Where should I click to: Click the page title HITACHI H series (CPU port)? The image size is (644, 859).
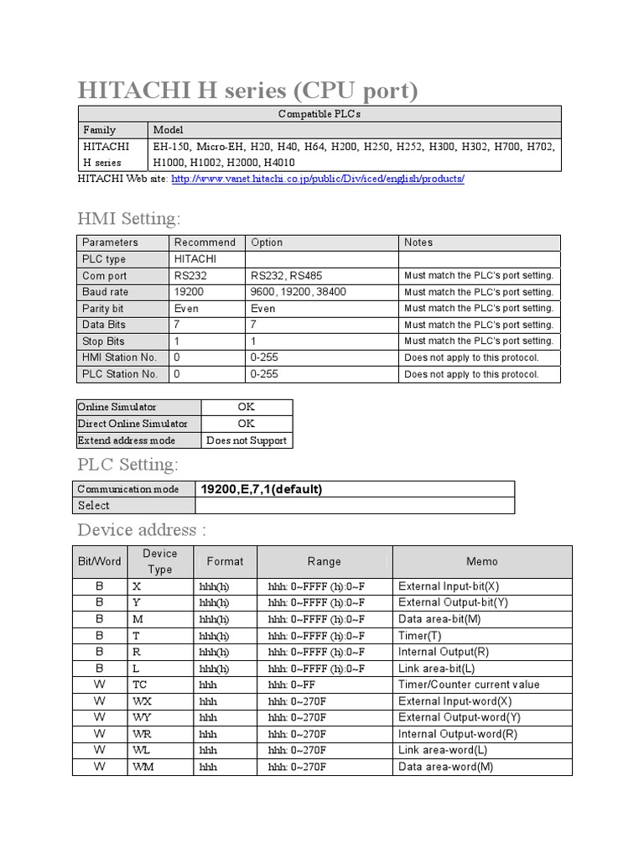[x=247, y=90]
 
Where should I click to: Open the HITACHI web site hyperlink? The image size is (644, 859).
[x=318, y=180]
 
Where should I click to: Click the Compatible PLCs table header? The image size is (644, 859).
[x=319, y=114]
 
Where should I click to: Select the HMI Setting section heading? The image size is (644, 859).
[x=128, y=219]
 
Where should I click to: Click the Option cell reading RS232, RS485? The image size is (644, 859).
[x=286, y=276]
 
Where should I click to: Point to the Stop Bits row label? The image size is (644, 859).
[x=103, y=341]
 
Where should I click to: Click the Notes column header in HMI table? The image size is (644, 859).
[x=418, y=242]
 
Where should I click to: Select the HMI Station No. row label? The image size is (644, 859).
[x=120, y=357]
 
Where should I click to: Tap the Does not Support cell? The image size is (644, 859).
[x=247, y=440]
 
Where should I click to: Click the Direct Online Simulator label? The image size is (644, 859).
[x=132, y=424]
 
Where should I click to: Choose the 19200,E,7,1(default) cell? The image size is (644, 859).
[x=262, y=489]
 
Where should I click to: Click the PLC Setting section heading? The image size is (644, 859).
[x=127, y=465]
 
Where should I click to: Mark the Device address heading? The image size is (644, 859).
[x=141, y=530]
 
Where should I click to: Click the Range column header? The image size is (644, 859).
[x=324, y=561]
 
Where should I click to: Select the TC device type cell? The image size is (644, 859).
[x=140, y=685]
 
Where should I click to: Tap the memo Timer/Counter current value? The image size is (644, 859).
[x=469, y=685]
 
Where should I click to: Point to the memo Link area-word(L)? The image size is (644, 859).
[x=443, y=750]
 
